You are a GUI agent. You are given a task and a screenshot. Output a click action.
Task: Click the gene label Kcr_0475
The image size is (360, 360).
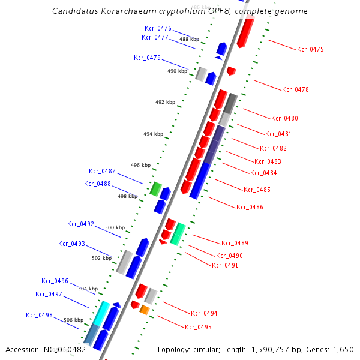310,49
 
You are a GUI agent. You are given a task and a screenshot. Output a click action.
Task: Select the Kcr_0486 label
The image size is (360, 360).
250,207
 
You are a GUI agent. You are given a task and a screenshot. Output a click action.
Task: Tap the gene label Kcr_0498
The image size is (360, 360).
39,314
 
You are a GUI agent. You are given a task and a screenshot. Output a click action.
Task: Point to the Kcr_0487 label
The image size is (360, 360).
102,171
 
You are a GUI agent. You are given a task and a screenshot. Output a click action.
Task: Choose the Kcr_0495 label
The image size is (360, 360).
198,327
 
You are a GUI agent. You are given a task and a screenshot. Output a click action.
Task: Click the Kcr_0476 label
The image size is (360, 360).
158,28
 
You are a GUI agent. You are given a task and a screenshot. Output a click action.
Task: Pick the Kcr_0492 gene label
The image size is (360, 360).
80,224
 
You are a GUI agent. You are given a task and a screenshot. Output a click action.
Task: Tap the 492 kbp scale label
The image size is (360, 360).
165,102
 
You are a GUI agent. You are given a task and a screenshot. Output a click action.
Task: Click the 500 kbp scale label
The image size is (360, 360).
115,227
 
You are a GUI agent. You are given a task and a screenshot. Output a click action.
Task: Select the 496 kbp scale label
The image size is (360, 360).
140,165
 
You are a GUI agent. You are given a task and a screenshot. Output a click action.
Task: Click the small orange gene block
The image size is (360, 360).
144,310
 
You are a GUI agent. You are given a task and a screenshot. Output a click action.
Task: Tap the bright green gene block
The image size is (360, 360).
155,189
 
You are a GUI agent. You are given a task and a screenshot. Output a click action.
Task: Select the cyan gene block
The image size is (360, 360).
103,312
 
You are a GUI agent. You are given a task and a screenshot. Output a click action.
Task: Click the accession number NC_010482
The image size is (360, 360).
66,349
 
